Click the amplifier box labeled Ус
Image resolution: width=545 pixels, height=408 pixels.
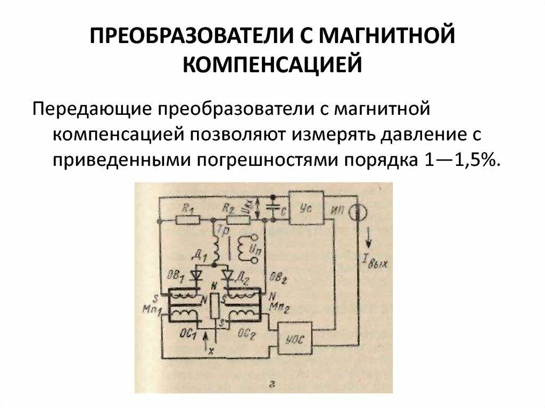click(306, 207)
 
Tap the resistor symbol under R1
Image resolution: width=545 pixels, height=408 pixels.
click(187, 219)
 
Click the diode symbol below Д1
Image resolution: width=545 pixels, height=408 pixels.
click(198, 275)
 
